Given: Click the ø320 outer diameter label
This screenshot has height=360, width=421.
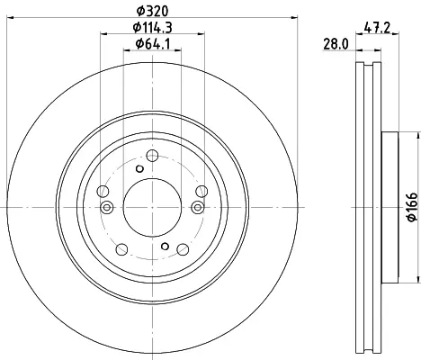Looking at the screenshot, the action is (x=152, y=11).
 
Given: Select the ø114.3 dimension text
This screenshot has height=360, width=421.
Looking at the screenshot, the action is (x=152, y=28).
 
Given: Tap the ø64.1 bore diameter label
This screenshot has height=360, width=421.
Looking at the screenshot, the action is (x=153, y=44).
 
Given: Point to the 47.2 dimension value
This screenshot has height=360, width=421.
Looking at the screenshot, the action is (x=377, y=28).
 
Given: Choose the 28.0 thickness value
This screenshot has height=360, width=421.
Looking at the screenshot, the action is (x=336, y=44).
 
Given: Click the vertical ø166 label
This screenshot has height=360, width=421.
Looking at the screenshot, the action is (x=412, y=207).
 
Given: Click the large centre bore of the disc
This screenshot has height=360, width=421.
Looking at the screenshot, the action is (x=152, y=207).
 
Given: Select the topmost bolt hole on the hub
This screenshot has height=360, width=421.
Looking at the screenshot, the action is (x=152, y=156).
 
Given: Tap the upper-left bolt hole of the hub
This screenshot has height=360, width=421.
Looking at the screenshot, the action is (x=103, y=192).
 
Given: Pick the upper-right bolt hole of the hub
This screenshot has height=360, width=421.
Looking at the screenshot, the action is (x=202, y=192).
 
